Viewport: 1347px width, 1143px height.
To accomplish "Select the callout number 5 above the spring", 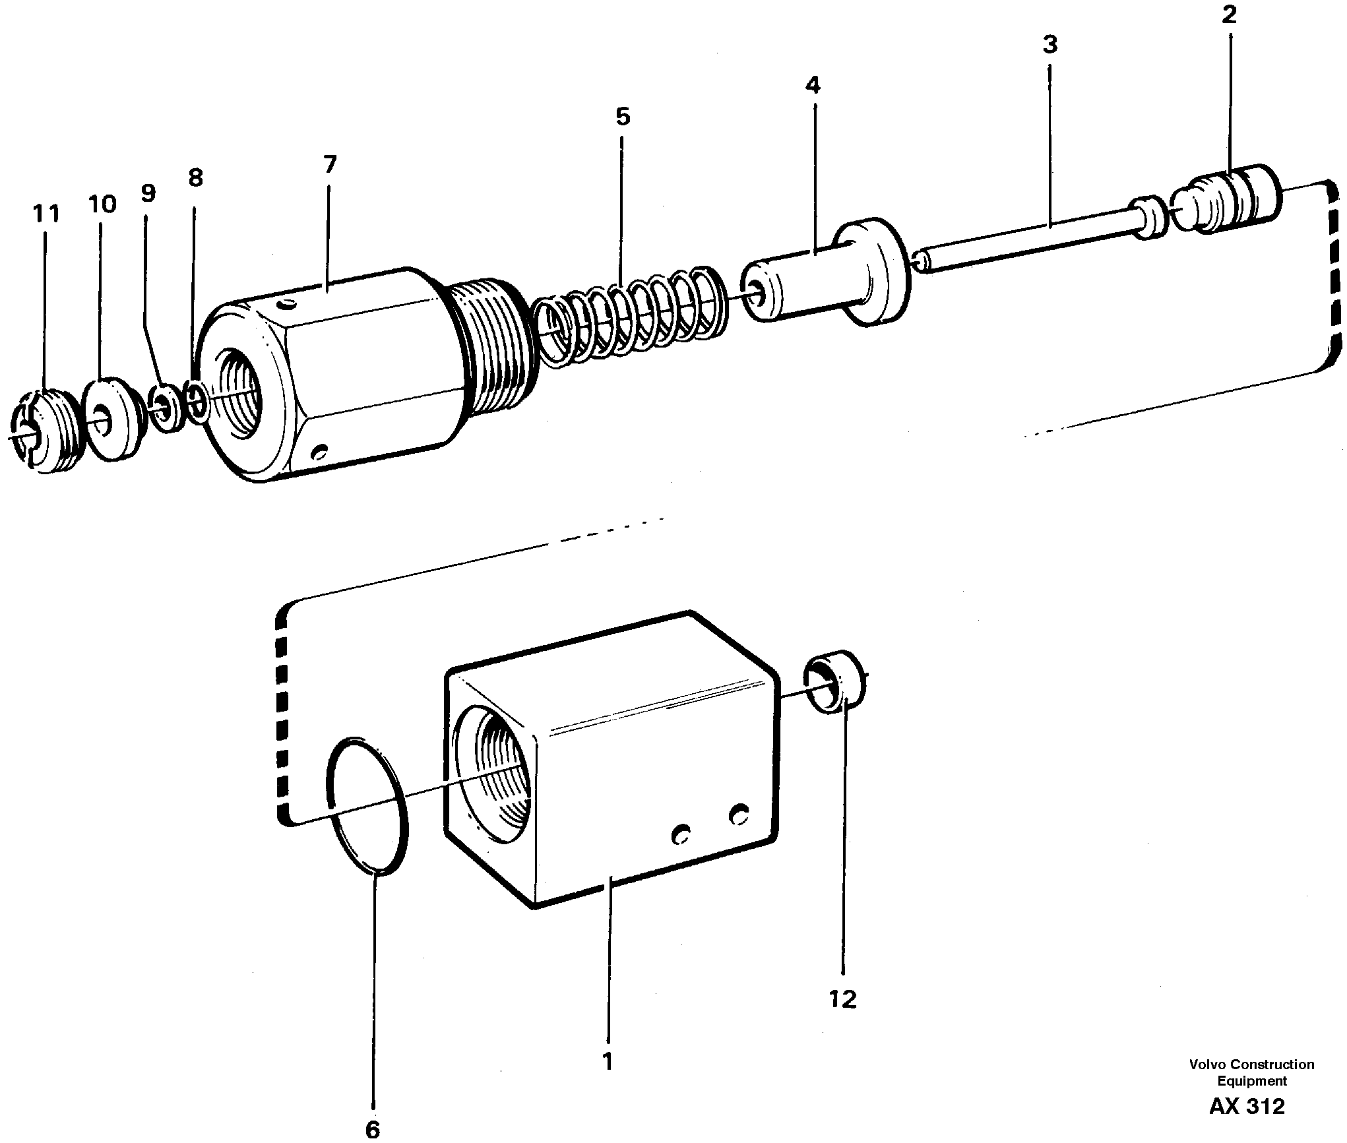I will coord(623,117).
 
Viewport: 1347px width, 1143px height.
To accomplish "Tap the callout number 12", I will coord(843,999).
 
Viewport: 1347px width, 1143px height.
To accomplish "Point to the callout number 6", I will coord(372,1129).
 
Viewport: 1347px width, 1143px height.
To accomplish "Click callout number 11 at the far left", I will coord(46,214).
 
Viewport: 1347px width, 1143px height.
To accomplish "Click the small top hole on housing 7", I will coord(288,305).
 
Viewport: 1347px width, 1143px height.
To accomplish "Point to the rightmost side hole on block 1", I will coord(739,815).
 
